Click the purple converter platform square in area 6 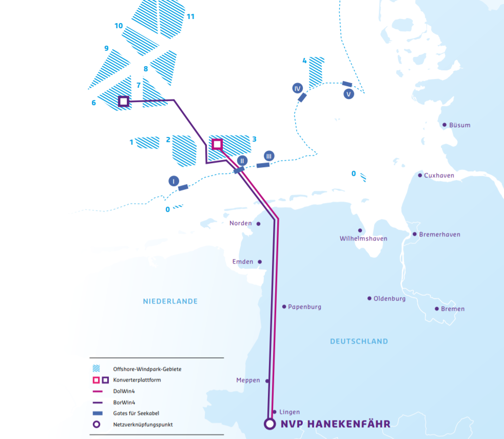coord(123,101)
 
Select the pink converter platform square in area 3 coord(217,144)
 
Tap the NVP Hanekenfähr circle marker coord(269,424)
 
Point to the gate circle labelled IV coord(298,88)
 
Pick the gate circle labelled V coord(349,94)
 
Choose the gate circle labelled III coord(269,156)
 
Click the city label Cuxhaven coord(439,175)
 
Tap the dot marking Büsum coord(444,125)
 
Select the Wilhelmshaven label coord(363,238)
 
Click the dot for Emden coord(260,262)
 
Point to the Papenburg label coord(304,307)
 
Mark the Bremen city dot coord(437,309)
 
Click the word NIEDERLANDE coord(170,301)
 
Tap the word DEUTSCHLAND coord(359,341)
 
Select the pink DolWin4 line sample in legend coord(96,391)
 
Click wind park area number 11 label coord(190,16)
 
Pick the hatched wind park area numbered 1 coord(148,142)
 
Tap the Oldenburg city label coord(390,298)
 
